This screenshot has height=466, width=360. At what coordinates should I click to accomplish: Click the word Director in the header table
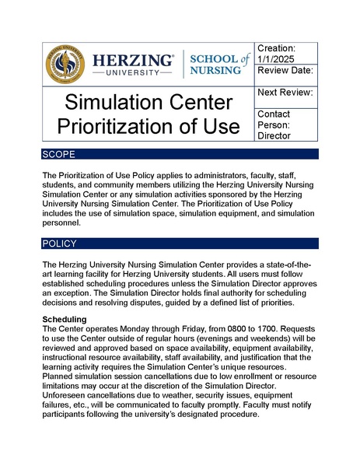coord(274,135)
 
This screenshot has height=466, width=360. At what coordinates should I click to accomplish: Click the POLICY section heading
coord(61,244)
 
